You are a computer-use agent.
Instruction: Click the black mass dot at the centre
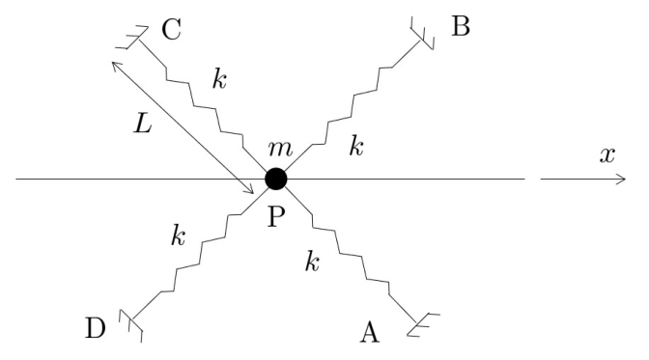pos(275,180)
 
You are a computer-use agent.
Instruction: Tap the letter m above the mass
pos(280,149)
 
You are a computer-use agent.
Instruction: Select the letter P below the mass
pos(276,216)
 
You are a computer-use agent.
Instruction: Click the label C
pos(171,29)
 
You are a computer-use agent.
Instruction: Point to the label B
pos(461,26)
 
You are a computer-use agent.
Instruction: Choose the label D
pos(96,328)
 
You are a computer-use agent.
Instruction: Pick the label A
pos(370,332)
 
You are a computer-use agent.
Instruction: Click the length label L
pos(142,123)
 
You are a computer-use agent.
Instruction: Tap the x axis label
pos(607,155)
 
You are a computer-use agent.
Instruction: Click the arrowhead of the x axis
pos(622,180)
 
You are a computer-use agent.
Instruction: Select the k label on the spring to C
pos(220,78)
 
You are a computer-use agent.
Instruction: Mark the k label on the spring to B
pos(356,146)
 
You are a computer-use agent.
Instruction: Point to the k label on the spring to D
pos(179,235)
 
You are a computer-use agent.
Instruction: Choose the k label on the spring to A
pos(313,261)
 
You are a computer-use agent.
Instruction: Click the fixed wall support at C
pos(132,38)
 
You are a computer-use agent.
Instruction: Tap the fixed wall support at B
pos(422,33)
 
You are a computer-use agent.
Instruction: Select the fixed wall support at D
pos(130,325)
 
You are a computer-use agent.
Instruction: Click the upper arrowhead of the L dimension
pos(116,66)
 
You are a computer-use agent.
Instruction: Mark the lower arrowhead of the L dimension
pos(249,190)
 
